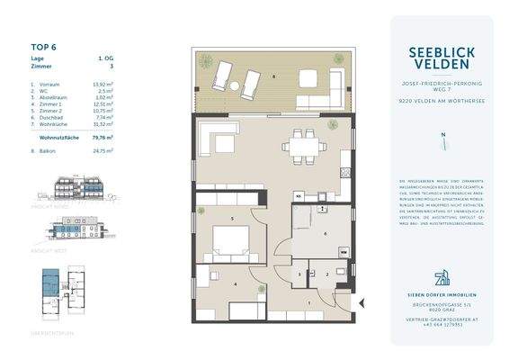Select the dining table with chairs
pyautogui.click(x=299, y=145)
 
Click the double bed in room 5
pyautogui.click(x=232, y=242)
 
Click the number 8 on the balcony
pyautogui.click(x=273, y=76)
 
